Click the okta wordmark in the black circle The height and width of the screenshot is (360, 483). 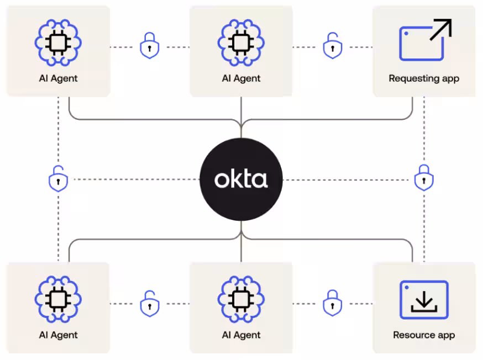(241, 179)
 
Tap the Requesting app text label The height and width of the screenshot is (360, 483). (424, 78)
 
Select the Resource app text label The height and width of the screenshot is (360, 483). (424, 335)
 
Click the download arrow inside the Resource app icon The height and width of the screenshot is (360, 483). (424, 301)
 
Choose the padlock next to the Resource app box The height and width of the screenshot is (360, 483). (332, 303)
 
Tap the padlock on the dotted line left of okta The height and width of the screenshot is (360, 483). (58, 179)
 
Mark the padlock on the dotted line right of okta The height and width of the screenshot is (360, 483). (424, 178)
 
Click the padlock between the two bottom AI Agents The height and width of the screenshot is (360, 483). (149, 303)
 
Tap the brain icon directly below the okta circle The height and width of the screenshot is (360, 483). (241, 299)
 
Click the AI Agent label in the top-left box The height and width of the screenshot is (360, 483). (58, 78)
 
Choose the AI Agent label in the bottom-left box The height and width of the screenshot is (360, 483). (58, 335)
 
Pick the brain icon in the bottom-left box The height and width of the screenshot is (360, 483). (58, 299)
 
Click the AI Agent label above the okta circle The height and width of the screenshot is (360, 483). (241, 78)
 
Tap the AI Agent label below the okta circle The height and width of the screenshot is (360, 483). (241, 335)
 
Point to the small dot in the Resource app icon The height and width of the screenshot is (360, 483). (406, 288)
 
